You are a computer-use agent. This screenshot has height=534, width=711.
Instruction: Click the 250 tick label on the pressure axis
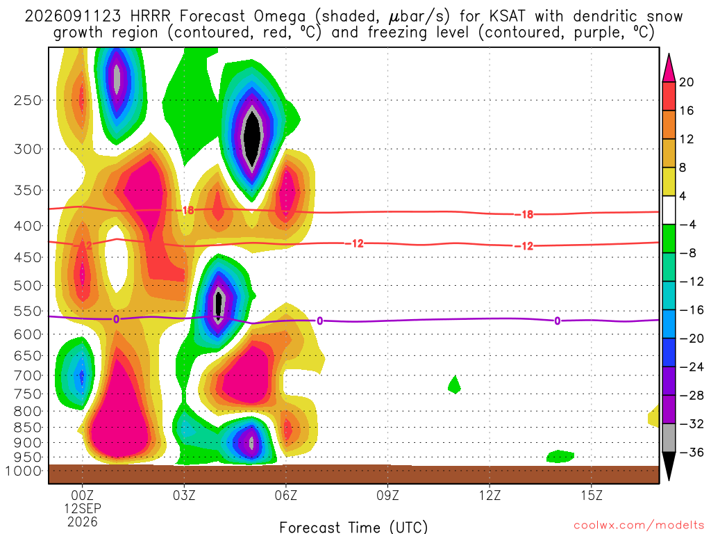[28, 100]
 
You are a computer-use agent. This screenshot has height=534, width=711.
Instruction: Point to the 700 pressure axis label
[28, 375]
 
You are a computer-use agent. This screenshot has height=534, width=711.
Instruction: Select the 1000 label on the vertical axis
[24, 471]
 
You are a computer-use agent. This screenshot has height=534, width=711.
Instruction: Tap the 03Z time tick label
[183, 495]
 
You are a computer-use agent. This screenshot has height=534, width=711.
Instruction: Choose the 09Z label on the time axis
[387, 495]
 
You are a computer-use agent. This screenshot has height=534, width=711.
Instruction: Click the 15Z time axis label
[592, 495]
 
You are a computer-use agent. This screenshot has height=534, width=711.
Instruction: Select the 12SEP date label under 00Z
[82, 508]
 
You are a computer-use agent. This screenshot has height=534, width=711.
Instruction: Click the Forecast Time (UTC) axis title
[353, 527]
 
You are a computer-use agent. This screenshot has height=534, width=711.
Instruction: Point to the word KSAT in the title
[507, 17]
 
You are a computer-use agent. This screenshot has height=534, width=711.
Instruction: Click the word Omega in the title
[280, 17]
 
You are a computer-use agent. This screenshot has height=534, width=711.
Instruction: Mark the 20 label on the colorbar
[686, 82]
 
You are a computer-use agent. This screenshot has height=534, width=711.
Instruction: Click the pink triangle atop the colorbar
[669, 68]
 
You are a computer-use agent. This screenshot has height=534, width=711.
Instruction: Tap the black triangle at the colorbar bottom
[669, 466]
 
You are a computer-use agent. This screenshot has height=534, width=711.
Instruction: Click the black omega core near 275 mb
[253, 137]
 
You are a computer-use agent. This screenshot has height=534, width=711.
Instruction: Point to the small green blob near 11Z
[454, 385]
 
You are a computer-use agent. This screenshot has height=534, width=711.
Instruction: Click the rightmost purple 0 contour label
[557, 321]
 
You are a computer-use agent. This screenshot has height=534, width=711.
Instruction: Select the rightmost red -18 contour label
[527, 214]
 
